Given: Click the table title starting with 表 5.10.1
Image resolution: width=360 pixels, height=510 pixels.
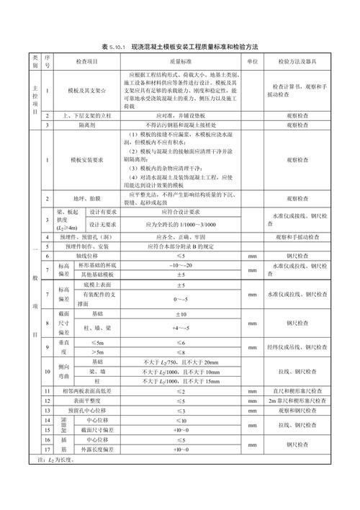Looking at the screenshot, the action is (180, 47).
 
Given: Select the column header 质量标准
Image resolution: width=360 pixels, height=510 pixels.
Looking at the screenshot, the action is (180, 62).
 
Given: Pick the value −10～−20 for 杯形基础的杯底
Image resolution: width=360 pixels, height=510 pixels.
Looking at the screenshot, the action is (181, 266).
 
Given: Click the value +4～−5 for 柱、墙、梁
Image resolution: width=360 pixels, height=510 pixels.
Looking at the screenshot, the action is (181, 328).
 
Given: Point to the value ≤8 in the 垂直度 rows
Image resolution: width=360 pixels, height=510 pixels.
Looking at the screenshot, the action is (181, 352).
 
